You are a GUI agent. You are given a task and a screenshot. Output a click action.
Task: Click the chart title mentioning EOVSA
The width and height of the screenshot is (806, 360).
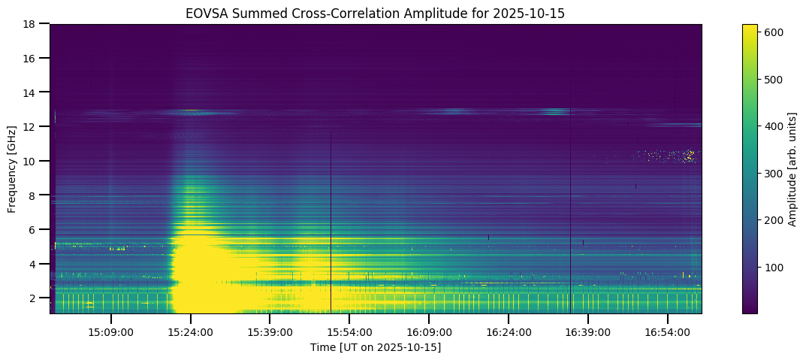pos(376,14)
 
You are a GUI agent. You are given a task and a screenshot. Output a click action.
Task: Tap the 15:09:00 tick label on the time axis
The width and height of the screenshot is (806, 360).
pos(111,331)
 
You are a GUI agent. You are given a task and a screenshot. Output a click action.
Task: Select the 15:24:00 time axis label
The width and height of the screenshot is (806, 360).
pos(191,331)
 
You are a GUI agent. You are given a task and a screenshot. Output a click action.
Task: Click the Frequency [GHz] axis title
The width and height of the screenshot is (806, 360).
pos(13,168)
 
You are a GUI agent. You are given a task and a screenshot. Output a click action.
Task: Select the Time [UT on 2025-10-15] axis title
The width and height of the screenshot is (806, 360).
pos(376,347)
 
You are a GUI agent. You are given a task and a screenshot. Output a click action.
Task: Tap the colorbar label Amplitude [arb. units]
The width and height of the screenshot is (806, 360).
pos(792,168)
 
